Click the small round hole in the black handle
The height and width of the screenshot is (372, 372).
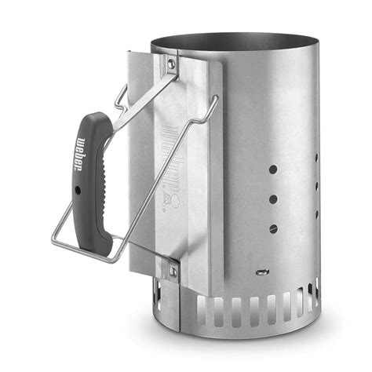[78, 190]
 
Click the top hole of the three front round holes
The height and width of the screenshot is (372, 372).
[272, 169]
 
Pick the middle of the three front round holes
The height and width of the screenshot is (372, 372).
[272, 199]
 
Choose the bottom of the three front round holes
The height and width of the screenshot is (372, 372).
[273, 229]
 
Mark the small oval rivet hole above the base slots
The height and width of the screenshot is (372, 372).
[261, 273]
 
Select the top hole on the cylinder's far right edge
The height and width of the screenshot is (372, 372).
[316, 157]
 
